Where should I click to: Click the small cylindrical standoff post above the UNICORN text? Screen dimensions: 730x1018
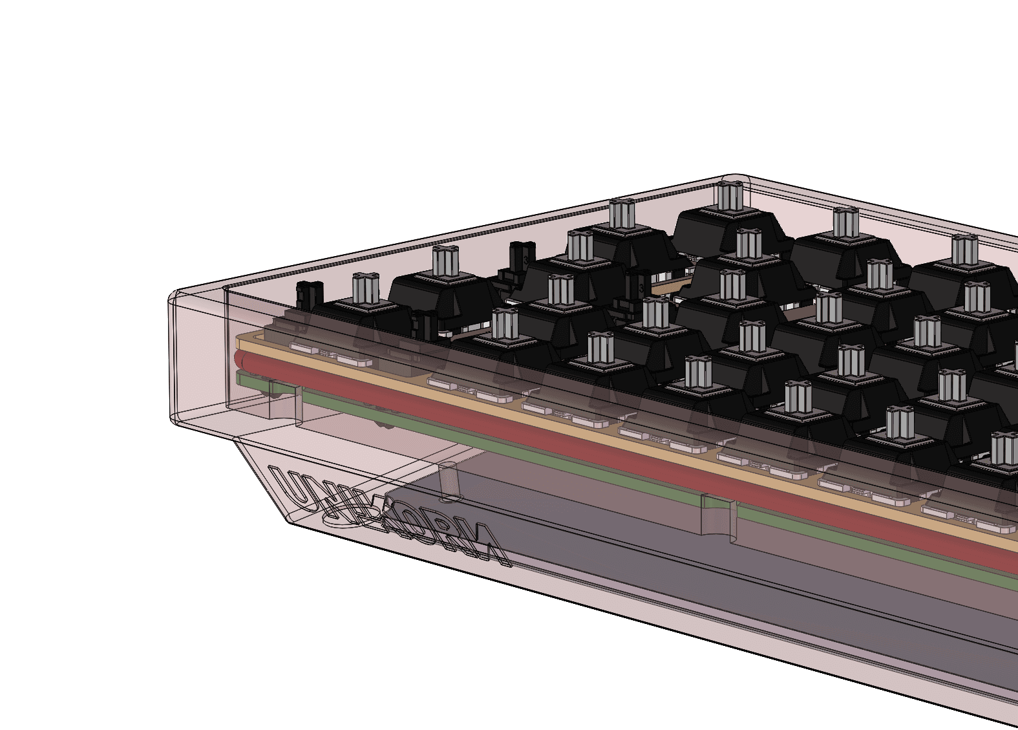(448, 482)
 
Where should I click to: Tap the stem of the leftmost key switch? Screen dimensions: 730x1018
(366, 288)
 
